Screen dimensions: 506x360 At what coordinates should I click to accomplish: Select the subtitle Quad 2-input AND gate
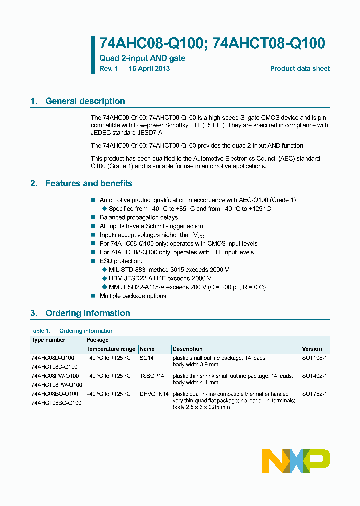click(x=142, y=58)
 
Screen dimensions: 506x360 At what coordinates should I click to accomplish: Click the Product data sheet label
click(x=300, y=68)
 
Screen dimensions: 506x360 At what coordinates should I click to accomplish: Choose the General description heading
click(x=85, y=101)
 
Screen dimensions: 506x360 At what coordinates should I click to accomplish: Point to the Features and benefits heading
click(x=88, y=183)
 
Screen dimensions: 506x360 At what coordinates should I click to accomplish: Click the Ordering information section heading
click(x=87, y=313)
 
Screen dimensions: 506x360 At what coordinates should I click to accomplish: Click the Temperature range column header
click(x=111, y=349)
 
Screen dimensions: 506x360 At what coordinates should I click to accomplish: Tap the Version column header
click(x=312, y=349)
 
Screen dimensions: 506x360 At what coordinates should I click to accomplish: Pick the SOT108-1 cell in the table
click(x=314, y=358)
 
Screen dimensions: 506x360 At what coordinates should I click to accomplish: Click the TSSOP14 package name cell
click(x=152, y=376)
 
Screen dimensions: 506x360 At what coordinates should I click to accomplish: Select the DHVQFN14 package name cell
click(x=154, y=394)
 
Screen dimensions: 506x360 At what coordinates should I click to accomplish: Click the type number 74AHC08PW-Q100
click(x=55, y=376)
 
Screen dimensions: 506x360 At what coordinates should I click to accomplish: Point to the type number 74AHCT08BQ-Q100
click(x=56, y=403)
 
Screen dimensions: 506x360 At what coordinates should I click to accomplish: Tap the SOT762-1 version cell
click(x=314, y=394)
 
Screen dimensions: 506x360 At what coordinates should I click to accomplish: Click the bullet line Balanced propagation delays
click(x=138, y=217)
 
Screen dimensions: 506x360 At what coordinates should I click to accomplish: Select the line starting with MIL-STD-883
click(x=169, y=269)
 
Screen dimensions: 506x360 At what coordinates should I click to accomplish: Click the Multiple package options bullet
click(x=133, y=296)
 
